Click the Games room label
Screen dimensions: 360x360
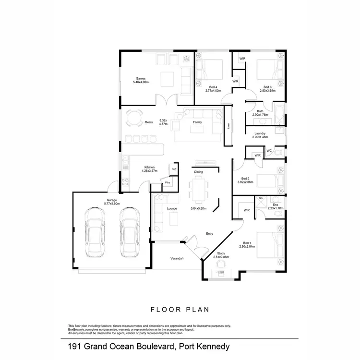pos(141,79)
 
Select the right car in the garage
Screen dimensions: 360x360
pos(129,232)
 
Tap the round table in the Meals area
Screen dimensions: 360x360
pos(134,117)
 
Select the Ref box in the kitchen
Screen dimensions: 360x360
pos(174,169)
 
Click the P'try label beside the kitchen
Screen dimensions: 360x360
pos(168,183)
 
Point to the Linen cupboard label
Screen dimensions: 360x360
pos(228,126)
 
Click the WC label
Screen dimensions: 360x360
pos(269,151)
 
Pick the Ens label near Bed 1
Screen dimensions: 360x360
pos(275,204)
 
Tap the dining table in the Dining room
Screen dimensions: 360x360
pos(198,188)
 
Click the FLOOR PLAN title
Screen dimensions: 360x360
pos(180,310)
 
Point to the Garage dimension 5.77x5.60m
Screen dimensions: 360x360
pos(112,204)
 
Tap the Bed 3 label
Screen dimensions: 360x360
pos(267,87)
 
